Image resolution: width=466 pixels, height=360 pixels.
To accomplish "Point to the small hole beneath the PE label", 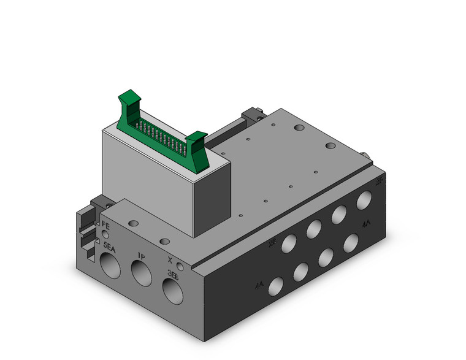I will [105, 234].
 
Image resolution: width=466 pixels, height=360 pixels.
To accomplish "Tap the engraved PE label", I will [105, 225].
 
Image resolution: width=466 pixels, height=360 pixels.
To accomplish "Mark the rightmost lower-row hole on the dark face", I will [351, 242].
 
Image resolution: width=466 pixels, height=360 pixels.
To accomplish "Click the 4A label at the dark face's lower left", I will [259, 285].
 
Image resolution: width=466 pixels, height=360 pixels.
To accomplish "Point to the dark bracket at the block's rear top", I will [252, 115].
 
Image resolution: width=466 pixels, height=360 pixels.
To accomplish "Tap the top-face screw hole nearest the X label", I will [163, 242].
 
